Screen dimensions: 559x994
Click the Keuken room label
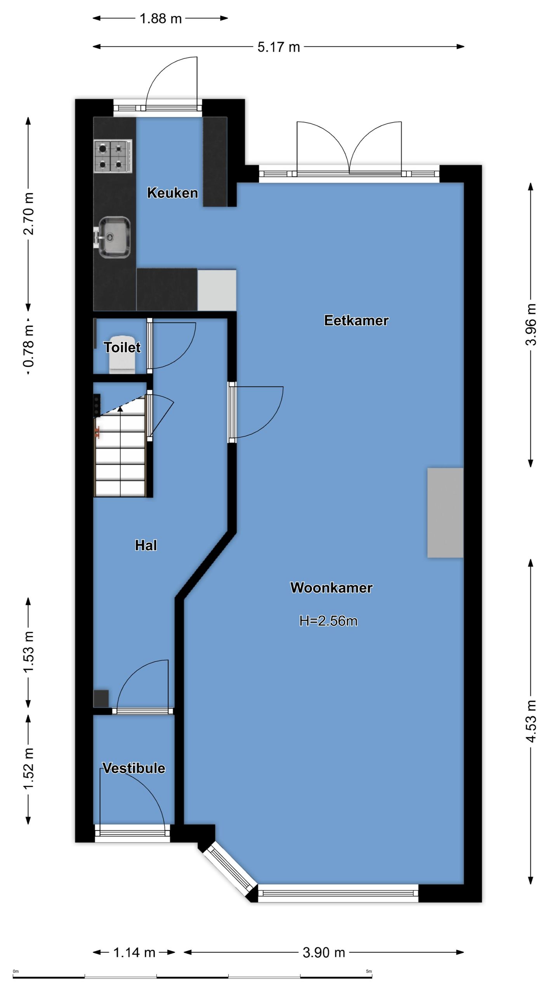pyautogui.click(x=172, y=193)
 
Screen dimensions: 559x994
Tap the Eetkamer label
pyautogui.click(x=356, y=320)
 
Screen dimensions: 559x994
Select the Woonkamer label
pyautogui.click(x=332, y=587)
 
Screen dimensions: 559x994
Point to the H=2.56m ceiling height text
pyautogui.click(x=328, y=621)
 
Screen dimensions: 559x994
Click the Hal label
pyautogui.click(x=146, y=545)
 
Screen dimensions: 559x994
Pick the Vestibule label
pyautogui.click(x=134, y=768)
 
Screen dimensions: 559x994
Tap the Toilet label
pyautogui.click(x=122, y=347)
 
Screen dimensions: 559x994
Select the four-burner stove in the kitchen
pyautogui.click(x=113, y=156)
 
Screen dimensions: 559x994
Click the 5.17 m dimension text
pyautogui.click(x=279, y=47)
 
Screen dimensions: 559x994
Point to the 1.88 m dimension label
pyautogui.click(x=161, y=18)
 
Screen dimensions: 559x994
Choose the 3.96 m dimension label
pyautogui.click(x=531, y=325)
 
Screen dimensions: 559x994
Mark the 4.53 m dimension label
pyautogui.click(x=531, y=721)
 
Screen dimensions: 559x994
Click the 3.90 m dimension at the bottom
pyautogui.click(x=324, y=952)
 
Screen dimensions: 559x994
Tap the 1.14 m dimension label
pyautogui.click(x=134, y=952)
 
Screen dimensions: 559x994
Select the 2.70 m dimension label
pyautogui.click(x=28, y=214)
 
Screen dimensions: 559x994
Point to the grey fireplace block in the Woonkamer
pyautogui.click(x=445, y=513)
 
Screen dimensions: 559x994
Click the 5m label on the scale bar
pyautogui.click(x=369, y=971)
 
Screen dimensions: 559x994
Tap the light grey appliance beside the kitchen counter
pyautogui.click(x=217, y=290)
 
